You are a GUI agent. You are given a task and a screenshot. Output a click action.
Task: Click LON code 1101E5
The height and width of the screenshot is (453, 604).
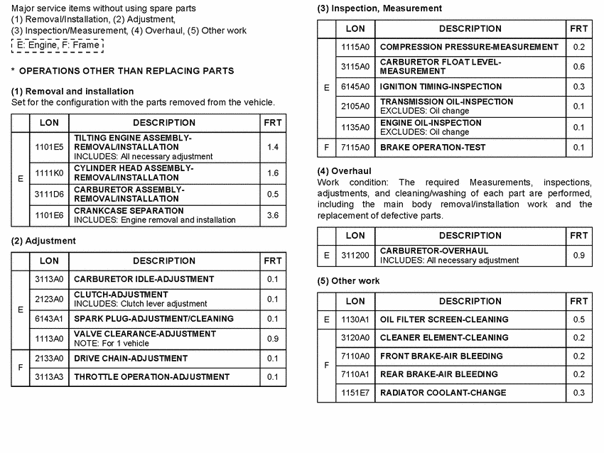coord(49,147)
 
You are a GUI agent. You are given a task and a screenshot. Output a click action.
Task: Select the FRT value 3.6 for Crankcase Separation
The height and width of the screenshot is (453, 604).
coord(272,215)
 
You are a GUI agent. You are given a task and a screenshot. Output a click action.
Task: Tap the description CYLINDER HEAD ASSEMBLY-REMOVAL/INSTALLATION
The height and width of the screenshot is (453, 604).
coord(134,173)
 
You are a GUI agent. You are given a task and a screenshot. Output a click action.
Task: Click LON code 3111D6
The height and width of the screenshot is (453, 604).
coord(49,194)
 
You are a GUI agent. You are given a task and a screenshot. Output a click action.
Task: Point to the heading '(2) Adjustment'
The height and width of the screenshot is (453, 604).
coord(43,241)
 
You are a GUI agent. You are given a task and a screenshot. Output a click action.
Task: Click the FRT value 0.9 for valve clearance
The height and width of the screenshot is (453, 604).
coord(272,339)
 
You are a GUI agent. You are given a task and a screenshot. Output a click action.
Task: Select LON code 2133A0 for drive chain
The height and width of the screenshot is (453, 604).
coord(49,359)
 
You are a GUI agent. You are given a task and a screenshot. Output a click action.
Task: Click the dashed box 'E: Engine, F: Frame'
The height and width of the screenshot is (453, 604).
coord(58,45)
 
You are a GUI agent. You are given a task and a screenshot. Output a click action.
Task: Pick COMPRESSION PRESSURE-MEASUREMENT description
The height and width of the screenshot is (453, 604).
coord(469,47)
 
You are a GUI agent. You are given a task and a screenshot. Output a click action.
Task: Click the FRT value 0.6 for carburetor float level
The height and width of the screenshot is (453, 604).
coord(578,67)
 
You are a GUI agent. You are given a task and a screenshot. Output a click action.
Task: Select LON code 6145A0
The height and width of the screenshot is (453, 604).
coord(355,87)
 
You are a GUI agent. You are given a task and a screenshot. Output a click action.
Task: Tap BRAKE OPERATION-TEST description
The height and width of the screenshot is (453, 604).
coord(433,148)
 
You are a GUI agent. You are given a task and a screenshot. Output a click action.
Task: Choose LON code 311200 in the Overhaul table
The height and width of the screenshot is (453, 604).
coord(355,255)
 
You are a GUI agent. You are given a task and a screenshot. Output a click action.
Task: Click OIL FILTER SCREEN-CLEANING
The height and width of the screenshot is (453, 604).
coord(444,320)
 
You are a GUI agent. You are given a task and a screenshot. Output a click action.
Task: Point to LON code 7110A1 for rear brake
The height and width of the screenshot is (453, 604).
coord(355,374)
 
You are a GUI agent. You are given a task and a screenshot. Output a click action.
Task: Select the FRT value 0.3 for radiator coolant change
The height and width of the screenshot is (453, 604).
coord(578,393)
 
